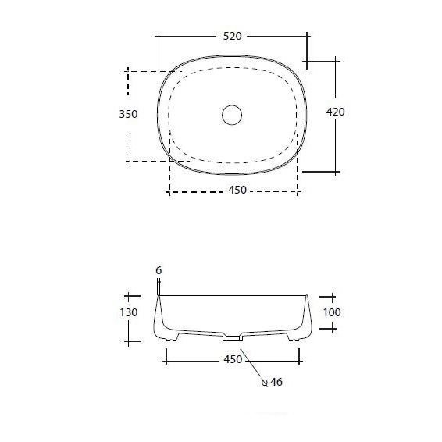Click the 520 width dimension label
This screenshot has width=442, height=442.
(232, 36)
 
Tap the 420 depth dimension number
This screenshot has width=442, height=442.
(335, 112)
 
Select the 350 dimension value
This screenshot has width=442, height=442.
(128, 114)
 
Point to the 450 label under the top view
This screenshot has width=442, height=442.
(237, 190)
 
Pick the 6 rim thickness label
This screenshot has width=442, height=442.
(159, 270)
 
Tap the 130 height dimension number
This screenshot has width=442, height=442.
(129, 312)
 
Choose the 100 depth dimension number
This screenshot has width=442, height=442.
(332, 312)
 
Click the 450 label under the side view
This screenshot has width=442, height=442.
(233, 359)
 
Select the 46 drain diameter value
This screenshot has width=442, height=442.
(276, 382)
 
